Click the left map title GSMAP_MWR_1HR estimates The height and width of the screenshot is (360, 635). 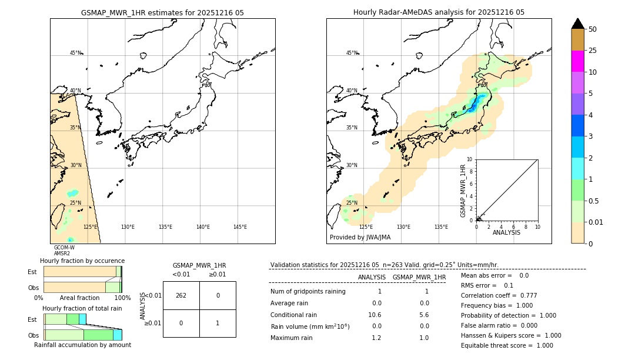coord(162,12)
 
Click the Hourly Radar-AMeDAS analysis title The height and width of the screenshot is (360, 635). coord(439,12)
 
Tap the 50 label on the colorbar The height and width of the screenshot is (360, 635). coord(593,29)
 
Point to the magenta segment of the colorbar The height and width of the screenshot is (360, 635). coord(577,61)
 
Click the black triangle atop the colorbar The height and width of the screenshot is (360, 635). coord(577,24)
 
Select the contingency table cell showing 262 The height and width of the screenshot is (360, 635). coord(181,295)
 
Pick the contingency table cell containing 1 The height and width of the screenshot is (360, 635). coord(218,323)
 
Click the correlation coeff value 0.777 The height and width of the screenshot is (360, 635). coord(525,296)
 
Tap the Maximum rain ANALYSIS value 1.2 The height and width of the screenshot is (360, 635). coord(376,338)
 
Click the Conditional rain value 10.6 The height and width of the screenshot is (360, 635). coord(375,315)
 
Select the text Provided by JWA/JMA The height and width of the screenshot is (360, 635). coord(360,238)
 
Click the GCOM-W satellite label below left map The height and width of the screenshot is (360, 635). coord(64,248)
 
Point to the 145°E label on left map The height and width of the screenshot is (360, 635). coord(240,227)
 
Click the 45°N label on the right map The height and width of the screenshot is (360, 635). coord(352,53)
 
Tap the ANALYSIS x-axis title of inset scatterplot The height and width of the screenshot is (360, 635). coord(506,232)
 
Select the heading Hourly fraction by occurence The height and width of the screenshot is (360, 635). coord(82,261)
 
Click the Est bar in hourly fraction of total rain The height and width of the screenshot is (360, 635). coord(65,319)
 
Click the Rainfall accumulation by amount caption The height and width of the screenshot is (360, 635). coord(82,345)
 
